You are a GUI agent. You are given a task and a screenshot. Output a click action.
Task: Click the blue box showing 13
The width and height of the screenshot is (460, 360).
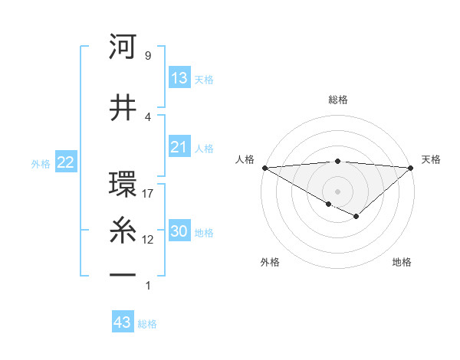[179, 78]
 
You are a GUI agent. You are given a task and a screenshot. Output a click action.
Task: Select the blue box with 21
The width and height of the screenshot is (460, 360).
[179, 147]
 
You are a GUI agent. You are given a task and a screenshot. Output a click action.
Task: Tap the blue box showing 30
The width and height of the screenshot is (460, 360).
[179, 231]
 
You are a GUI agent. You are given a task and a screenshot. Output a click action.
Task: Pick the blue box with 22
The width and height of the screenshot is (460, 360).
[66, 162]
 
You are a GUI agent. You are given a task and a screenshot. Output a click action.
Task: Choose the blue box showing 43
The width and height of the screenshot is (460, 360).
[123, 322]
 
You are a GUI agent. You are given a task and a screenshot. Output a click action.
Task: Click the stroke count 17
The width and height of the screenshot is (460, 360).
[148, 194]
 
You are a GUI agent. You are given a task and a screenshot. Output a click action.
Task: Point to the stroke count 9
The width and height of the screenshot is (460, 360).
[147, 56]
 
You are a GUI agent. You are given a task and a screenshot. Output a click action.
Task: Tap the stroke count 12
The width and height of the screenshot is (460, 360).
[148, 240]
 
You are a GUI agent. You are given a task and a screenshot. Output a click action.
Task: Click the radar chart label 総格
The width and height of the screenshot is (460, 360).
[337, 100]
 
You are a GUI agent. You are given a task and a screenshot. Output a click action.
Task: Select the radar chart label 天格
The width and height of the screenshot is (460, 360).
[431, 159]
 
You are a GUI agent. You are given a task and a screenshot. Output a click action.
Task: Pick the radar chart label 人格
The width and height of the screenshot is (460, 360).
[245, 159]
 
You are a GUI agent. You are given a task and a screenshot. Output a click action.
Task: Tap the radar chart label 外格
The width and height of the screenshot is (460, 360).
[270, 262]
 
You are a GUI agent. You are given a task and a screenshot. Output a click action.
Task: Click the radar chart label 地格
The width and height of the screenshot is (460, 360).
[402, 262]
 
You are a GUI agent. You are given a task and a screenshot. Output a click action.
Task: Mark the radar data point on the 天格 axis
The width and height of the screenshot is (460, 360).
[411, 168]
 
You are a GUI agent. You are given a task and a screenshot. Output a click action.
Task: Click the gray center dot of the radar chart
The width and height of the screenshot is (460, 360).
[337, 191]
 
